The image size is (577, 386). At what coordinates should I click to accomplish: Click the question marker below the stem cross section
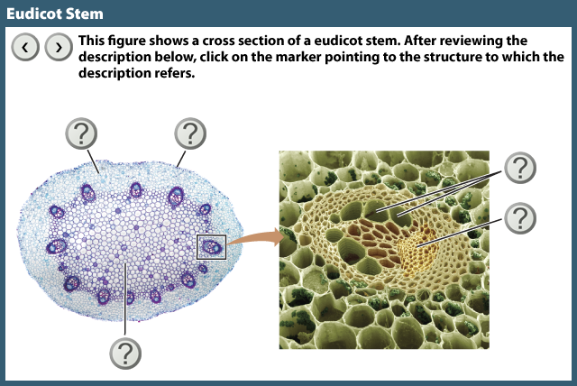pyautogui.click(x=125, y=352)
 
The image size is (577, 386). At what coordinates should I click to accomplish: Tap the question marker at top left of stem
pyautogui.click(x=82, y=134)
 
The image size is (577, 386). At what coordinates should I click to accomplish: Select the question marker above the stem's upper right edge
pyautogui.click(x=189, y=134)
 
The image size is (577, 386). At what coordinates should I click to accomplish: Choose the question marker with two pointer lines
pyautogui.click(x=518, y=167)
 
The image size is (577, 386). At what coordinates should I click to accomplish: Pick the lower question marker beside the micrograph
pyautogui.click(x=518, y=217)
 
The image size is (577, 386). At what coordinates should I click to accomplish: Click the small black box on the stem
pyautogui.click(x=211, y=244)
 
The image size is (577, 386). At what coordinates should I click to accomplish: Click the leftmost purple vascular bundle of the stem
pyautogui.click(x=56, y=246)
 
